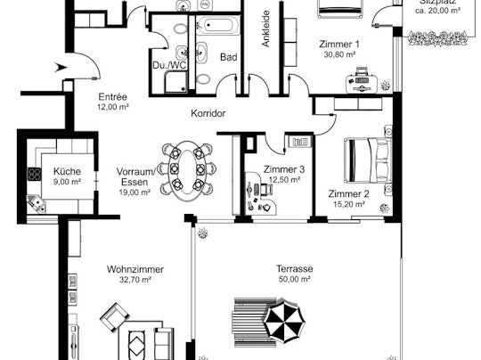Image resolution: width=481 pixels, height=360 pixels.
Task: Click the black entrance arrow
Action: click(x=61, y=68)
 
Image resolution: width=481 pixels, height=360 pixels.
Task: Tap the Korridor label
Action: click(x=208, y=113)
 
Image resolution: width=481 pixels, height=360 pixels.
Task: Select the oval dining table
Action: click(x=187, y=171)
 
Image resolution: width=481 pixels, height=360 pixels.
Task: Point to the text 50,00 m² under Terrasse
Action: click(x=295, y=279)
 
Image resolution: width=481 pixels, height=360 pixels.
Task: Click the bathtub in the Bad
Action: click(x=218, y=25)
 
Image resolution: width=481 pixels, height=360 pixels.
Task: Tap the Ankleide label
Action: click(x=266, y=29)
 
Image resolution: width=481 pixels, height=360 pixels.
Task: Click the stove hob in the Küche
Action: click(x=35, y=175)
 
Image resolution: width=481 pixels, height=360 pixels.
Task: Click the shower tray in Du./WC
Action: click(x=175, y=82)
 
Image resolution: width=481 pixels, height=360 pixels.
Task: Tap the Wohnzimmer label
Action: click(x=135, y=269)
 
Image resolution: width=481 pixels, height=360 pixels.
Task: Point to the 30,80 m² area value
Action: click(x=339, y=54)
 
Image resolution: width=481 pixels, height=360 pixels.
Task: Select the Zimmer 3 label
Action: click(x=284, y=169)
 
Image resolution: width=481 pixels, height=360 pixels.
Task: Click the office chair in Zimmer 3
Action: click(x=266, y=190)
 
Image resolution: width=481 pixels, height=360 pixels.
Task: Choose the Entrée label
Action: click(x=112, y=97)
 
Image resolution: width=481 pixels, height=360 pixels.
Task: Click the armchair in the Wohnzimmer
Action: click(x=115, y=317)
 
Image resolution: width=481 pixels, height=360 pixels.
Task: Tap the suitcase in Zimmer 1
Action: click(x=362, y=82)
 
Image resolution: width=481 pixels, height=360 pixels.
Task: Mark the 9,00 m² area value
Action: click(x=67, y=182)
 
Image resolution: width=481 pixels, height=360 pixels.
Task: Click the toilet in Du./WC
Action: click(x=181, y=29)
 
